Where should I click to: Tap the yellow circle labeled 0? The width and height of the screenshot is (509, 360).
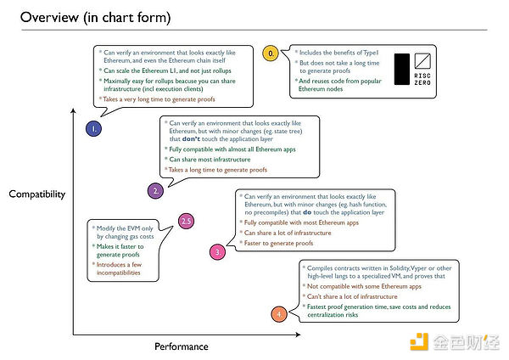[271, 53]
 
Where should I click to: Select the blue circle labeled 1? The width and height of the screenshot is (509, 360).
[93, 129]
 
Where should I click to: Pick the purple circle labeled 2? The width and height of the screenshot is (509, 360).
[155, 191]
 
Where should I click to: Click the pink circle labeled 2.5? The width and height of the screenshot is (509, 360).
[187, 222]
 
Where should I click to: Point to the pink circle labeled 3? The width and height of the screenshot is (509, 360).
[217, 252]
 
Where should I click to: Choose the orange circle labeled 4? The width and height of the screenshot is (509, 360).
[281, 315]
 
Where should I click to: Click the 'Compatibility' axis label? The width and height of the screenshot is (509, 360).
[37, 194]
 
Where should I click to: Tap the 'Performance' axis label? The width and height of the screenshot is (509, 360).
[181, 346]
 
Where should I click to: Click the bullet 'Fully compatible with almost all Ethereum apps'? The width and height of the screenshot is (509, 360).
[228, 149]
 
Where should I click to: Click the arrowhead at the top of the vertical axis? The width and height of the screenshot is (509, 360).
[74, 110]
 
